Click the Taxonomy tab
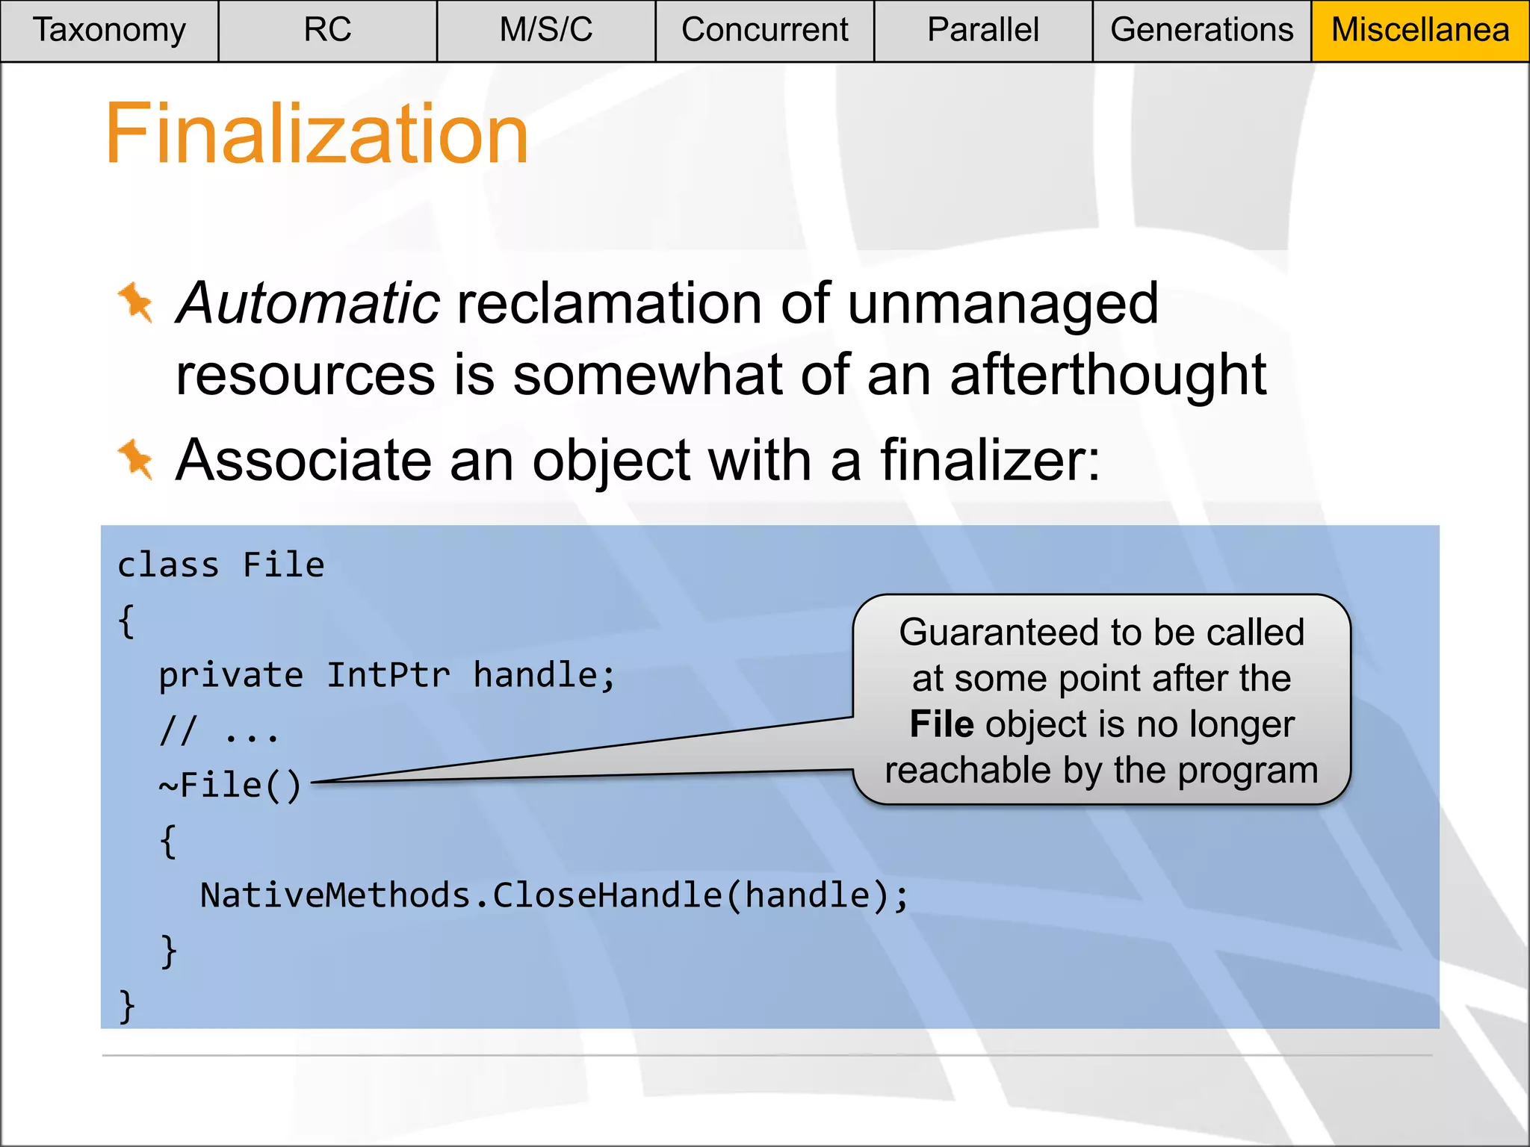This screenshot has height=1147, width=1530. pos(109,31)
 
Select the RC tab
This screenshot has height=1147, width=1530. pos(327,31)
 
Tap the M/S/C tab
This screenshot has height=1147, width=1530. pos(546,31)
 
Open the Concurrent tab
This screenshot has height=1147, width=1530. pos(764,31)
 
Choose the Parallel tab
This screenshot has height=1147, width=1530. pos(983,31)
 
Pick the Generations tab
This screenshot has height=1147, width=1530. pos(1201,31)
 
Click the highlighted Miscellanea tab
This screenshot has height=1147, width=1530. pos(1420,31)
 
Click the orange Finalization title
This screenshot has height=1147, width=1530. pos(317,134)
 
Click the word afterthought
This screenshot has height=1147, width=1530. pos(1108,375)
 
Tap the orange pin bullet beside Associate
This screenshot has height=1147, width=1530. pos(136,459)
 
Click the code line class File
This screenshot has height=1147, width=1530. pos(221,565)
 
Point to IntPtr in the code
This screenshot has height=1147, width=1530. pos(388,676)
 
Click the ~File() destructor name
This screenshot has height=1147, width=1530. pos(230,786)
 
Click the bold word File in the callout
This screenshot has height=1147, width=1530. pos(941,724)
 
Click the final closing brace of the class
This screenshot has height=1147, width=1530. pos(127,1006)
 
